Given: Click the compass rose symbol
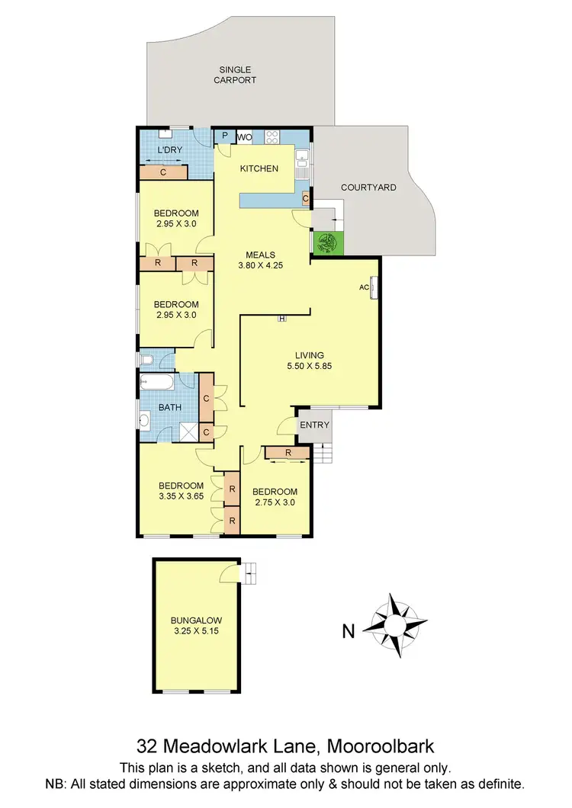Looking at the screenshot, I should tap(396, 625).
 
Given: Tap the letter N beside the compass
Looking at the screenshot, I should tap(349, 630).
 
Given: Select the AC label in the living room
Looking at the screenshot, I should tap(364, 287).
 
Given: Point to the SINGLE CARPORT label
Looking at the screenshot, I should tap(234, 74).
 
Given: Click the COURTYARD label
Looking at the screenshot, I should tap(368, 187).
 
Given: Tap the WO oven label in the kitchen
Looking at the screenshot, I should tap(244, 137).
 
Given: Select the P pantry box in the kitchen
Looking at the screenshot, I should tap(225, 136).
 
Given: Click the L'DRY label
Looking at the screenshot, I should tap(169, 150).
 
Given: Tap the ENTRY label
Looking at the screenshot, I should tap(314, 425).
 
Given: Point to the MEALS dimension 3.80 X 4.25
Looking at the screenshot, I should tap(260, 266).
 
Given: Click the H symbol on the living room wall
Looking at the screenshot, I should tap(281, 319).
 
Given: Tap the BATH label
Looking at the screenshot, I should tap(170, 407).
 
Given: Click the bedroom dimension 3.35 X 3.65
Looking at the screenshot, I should tap(181, 497).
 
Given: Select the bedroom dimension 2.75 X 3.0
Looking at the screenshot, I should tap(274, 502).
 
